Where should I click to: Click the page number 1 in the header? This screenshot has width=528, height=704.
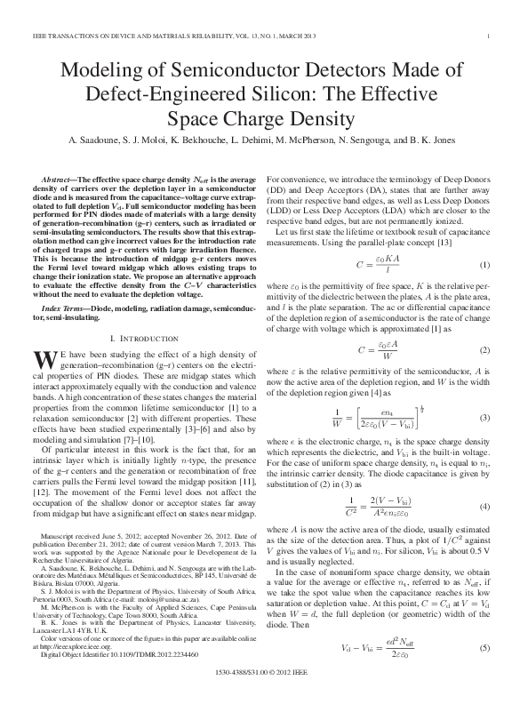[490, 35]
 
